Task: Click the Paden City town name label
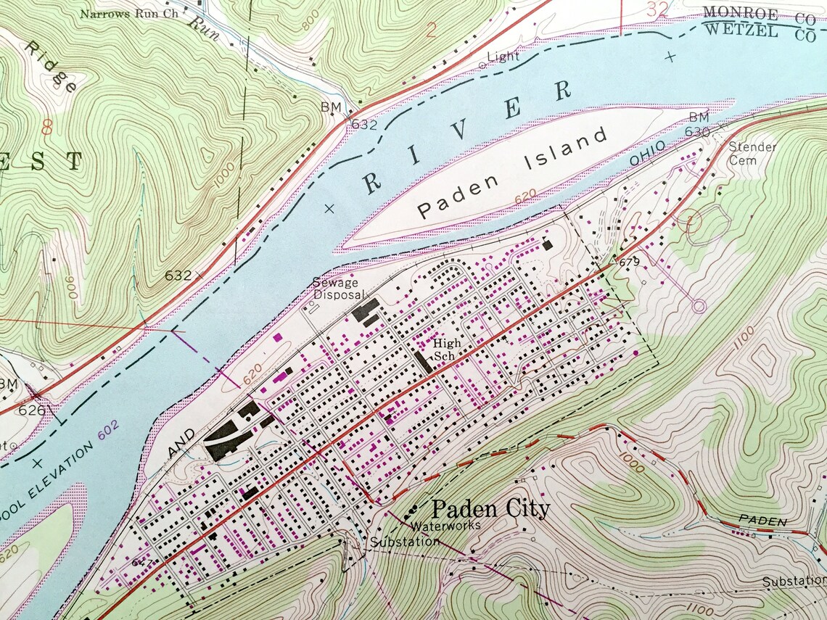click(490, 509)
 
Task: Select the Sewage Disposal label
click(335, 288)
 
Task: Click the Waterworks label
click(445, 526)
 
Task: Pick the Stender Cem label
click(752, 153)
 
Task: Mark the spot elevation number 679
click(629, 262)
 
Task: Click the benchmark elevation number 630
click(697, 132)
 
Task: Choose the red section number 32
click(658, 9)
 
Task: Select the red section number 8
click(48, 128)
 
